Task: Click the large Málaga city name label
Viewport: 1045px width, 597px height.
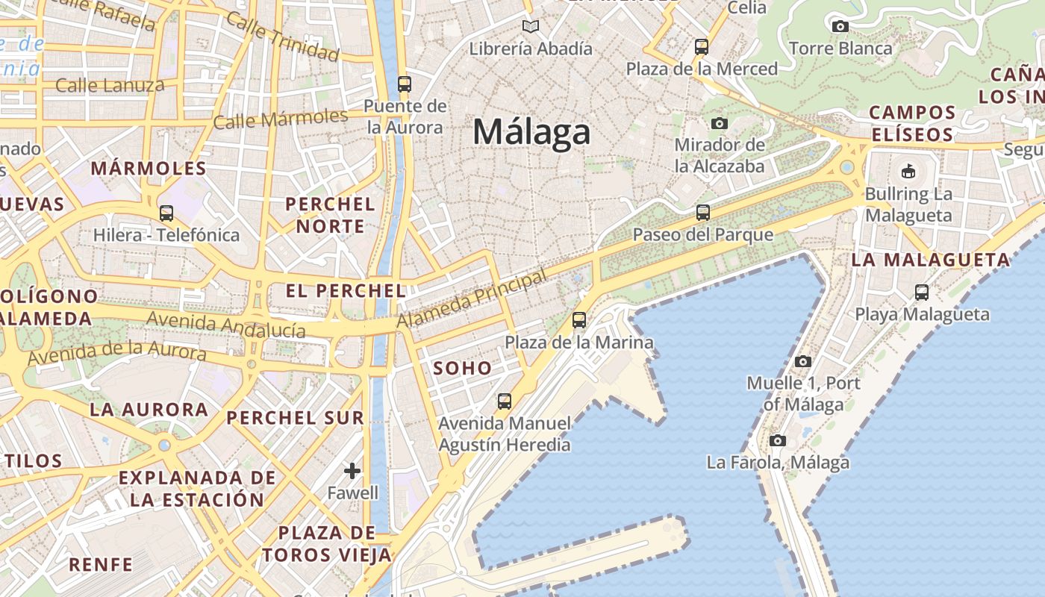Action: [x=531, y=133]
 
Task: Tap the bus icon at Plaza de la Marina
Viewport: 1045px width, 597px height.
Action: [x=579, y=320]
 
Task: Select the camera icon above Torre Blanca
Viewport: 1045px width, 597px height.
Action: [x=840, y=27]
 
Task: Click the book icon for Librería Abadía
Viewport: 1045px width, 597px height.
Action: [x=531, y=27]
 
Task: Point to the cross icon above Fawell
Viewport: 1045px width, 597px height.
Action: [x=352, y=471]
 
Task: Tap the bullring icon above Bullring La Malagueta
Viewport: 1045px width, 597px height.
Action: [x=908, y=172]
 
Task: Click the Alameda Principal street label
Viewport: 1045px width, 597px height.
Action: [x=472, y=299]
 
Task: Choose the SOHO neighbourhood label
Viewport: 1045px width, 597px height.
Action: [x=463, y=367]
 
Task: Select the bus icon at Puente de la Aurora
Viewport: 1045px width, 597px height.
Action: [x=405, y=84]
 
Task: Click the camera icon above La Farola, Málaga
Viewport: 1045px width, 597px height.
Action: [x=778, y=440]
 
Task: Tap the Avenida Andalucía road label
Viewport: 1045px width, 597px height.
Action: [x=226, y=325]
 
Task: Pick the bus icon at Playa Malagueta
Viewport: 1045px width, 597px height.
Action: [x=922, y=292]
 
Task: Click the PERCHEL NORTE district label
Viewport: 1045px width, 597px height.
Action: [x=330, y=215]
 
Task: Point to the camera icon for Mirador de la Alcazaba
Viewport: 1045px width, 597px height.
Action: [x=720, y=123]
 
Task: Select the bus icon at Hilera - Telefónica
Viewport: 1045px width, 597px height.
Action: [x=166, y=213]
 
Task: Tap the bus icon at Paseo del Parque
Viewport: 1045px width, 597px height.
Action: [x=702, y=213]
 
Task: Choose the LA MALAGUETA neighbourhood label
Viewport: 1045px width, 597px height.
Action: [x=930, y=260]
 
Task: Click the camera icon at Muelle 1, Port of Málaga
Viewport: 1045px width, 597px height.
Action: [x=803, y=362]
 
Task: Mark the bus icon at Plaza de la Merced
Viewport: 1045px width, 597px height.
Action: [x=701, y=47]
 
